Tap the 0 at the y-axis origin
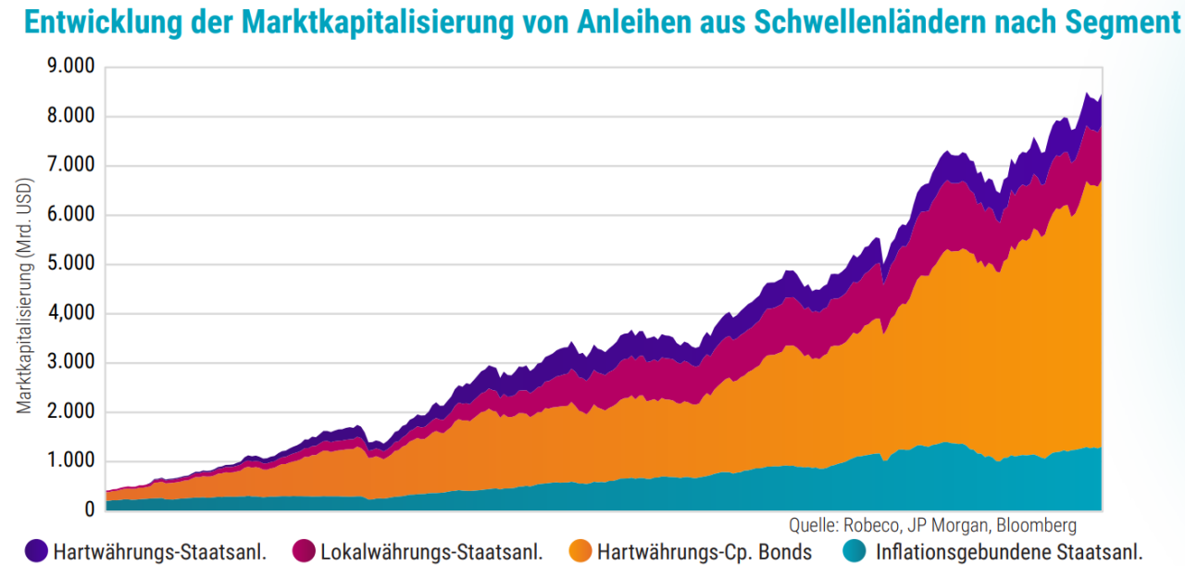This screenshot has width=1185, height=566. [89, 510]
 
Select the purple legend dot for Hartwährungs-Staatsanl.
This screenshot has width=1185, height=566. [36, 551]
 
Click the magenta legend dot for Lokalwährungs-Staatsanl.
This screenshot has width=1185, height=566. [304, 551]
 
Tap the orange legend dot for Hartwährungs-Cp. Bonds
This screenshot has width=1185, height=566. [580, 551]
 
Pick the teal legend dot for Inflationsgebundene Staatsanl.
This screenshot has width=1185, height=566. [857, 551]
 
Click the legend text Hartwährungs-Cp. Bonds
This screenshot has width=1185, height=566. [705, 552]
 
